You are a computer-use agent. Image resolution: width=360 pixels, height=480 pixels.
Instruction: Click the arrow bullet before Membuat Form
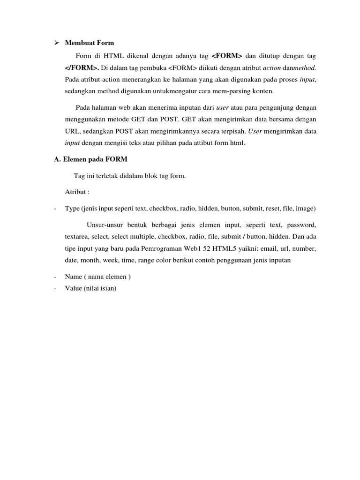[x=56, y=43]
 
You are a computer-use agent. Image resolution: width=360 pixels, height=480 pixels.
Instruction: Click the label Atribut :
[x=77, y=192]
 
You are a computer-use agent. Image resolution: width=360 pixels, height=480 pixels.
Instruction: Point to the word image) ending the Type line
[x=306, y=208]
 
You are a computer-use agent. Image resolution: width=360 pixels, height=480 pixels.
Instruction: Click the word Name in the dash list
[x=74, y=277]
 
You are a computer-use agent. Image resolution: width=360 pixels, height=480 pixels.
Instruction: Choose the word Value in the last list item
[x=74, y=288]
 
